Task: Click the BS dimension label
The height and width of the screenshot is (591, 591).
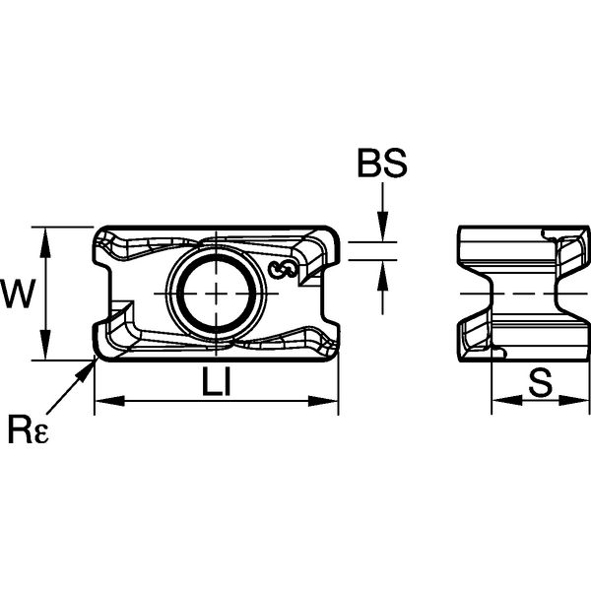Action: click(382, 165)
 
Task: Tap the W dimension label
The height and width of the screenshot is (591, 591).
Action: click(17, 293)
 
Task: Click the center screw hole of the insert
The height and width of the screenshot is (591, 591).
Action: click(216, 294)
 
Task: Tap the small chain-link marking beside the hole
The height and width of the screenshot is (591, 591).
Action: click(284, 269)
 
